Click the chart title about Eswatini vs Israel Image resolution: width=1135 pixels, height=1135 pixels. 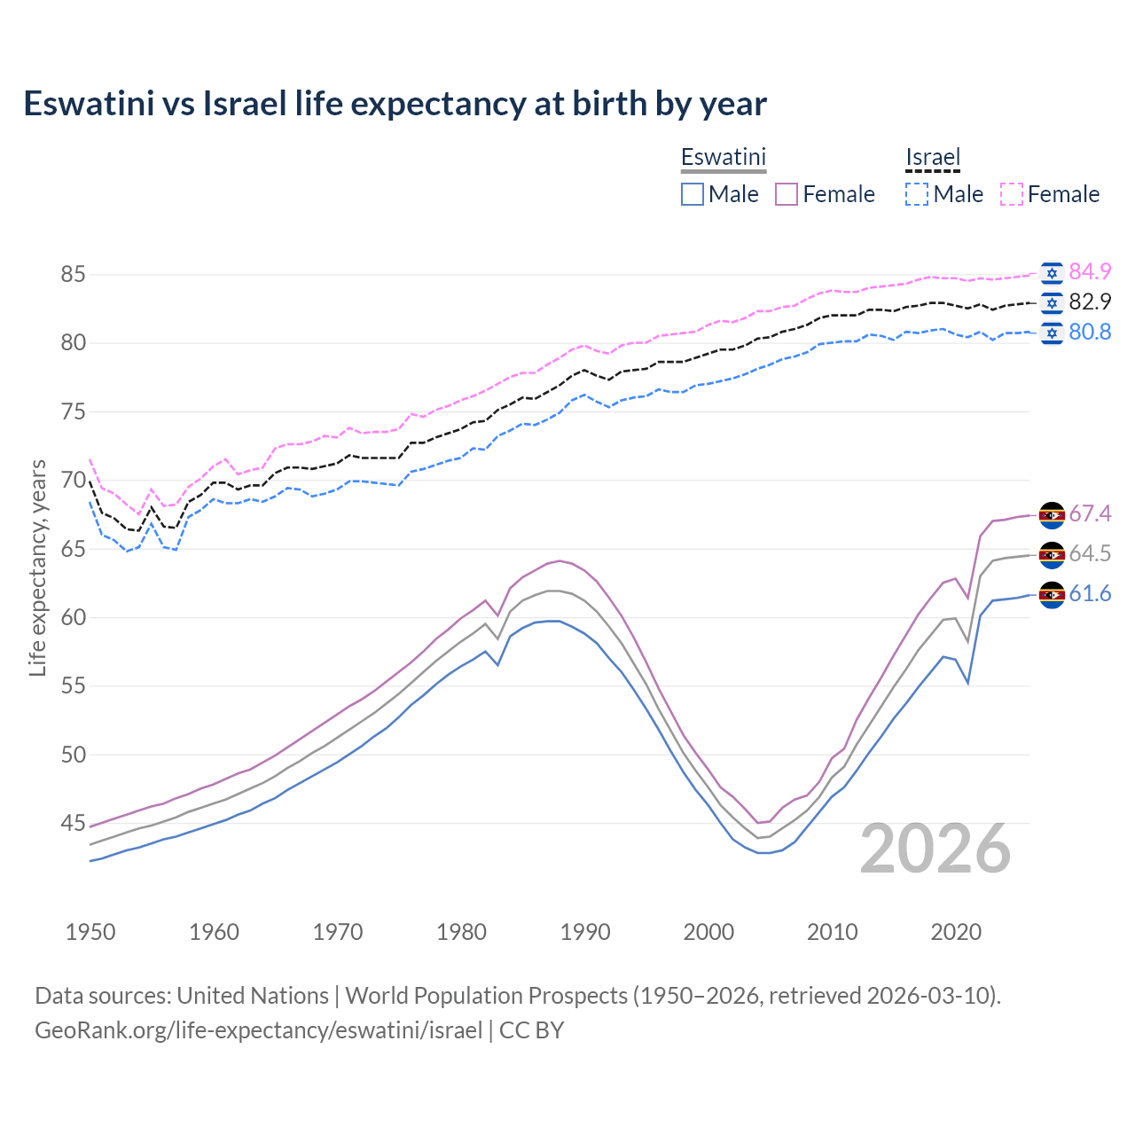pyautogui.click(x=395, y=104)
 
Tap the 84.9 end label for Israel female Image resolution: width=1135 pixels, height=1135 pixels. pyautogui.click(x=1090, y=271)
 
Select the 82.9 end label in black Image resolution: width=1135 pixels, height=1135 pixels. pyautogui.click(x=1090, y=301)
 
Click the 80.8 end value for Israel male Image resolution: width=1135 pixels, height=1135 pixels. pyautogui.click(x=1090, y=332)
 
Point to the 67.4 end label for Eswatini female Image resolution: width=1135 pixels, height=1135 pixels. pyautogui.click(x=1090, y=513)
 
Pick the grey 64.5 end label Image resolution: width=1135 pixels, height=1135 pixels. pyautogui.click(x=1090, y=553)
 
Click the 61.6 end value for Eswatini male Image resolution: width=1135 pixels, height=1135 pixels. pyautogui.click(x=1090, y=593)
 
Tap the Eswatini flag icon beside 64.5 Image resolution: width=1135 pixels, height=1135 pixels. pyautogui.click(x=1052, y=554)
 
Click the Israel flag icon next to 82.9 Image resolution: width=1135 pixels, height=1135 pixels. pyautogui.click(x=1052, y=302)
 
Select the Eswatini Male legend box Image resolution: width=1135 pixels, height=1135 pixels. pyautogui.click(x=693, y=194)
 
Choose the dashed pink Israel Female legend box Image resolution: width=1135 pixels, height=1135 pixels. pyautogui.click(x=1012, y=194)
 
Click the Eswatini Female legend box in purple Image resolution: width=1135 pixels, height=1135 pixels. pyautogui.click(x=787, y=194)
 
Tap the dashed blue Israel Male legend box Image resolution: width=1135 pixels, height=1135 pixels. pyautogui.click(x=917, y=194)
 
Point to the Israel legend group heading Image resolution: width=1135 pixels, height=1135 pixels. pyautogui.click(x=933, y=158)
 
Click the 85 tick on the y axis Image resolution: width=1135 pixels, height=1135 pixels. pyautogui.click(x=73, y=275)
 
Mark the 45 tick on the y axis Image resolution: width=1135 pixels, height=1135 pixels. pyautogui.click(x=73, y=824)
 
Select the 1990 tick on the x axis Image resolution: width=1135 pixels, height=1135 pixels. pyautogui.click(x=585, y=932)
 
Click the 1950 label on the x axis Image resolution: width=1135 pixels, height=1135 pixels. pyautogui.click(x=90, y=932)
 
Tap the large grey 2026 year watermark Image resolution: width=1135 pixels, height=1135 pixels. pyautogui.click(x=935, y=849)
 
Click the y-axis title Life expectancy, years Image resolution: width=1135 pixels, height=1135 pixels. pyautogui.click(x=38, y=567)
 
